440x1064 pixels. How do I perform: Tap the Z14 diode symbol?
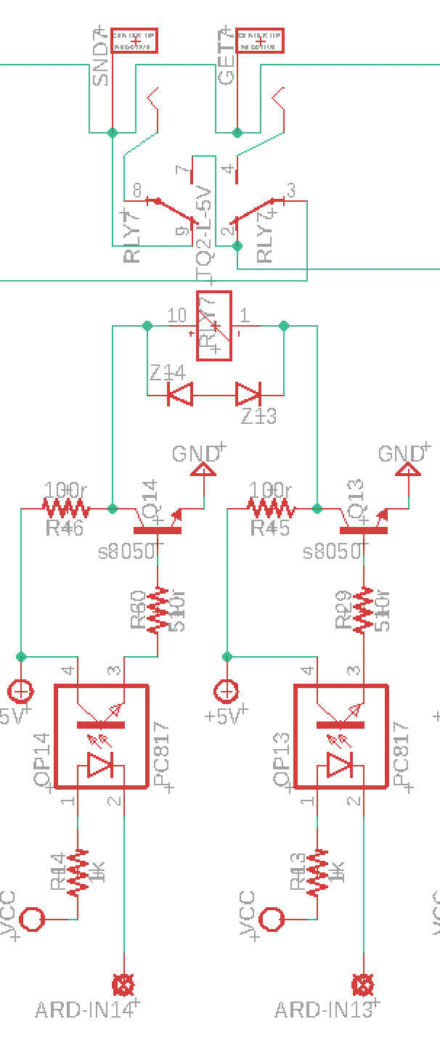179,395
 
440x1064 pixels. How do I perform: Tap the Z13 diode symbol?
248,395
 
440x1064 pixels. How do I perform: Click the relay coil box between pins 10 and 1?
214,326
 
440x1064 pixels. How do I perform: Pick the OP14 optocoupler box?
102,736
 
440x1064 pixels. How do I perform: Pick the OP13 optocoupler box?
341,736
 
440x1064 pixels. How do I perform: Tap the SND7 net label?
101,60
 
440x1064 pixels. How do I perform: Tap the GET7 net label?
227,60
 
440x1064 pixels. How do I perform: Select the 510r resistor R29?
363,610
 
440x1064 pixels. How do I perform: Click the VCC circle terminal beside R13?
272,919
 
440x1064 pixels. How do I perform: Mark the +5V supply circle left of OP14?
20,690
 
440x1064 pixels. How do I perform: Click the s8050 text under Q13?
330,552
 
